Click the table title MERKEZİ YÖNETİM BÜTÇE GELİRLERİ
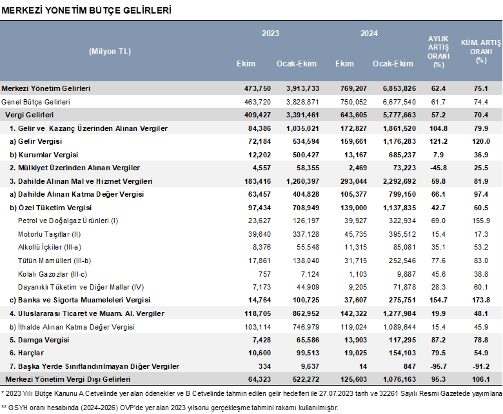(x=86, y=10)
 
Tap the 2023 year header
(x=270, y=34)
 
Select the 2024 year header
(x=369, y=34)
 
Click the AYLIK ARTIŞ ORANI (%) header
(x=439, y=52)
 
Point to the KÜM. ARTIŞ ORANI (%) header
(x=481, y=52)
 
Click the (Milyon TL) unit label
(x=110, y=52)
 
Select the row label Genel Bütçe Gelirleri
(x=35, y=102)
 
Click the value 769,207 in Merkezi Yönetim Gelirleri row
(x=353, y=88)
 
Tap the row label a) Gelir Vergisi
(x=36, y=141)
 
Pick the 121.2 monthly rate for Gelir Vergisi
(x=439, y=141)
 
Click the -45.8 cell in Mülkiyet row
(x=439, y=168)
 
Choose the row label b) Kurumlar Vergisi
(x=44, y=155)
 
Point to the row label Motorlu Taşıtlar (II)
(x=50, y=235)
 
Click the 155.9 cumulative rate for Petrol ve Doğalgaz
(x=481, y=221)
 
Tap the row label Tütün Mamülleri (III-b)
(x=55, y=261)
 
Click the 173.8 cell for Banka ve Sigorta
(x=481, y=300)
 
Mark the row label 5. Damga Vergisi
(x=39, y=340)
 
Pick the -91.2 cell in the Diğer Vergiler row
(x=481, y=366)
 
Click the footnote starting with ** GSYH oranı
(x=170, y=408)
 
